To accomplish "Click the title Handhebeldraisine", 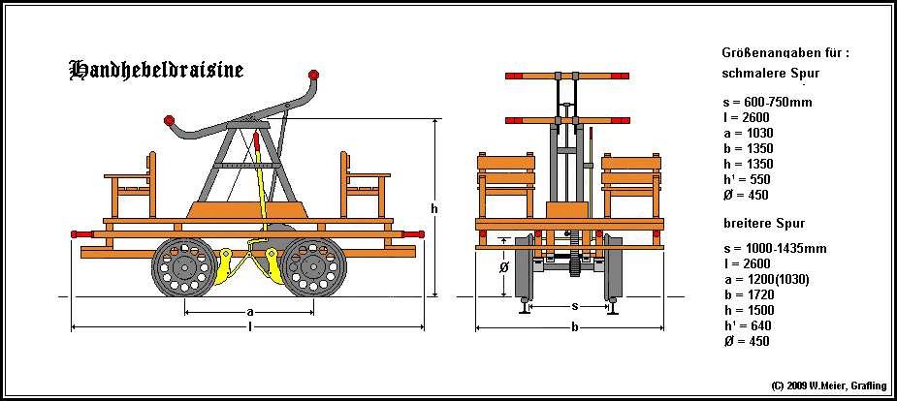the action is click(156, 70).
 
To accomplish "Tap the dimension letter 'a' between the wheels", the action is click(250, 312).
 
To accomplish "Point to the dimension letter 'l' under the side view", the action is click(250, 326).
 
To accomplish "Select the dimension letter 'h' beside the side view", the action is click(434, 209).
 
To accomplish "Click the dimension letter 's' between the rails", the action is click(575, 307).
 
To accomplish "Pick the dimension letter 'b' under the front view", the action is click(575, 326).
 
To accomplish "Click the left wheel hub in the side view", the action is click(185, 266).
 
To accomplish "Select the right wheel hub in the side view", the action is click(313, 266).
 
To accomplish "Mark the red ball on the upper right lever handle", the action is click(313, 75).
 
